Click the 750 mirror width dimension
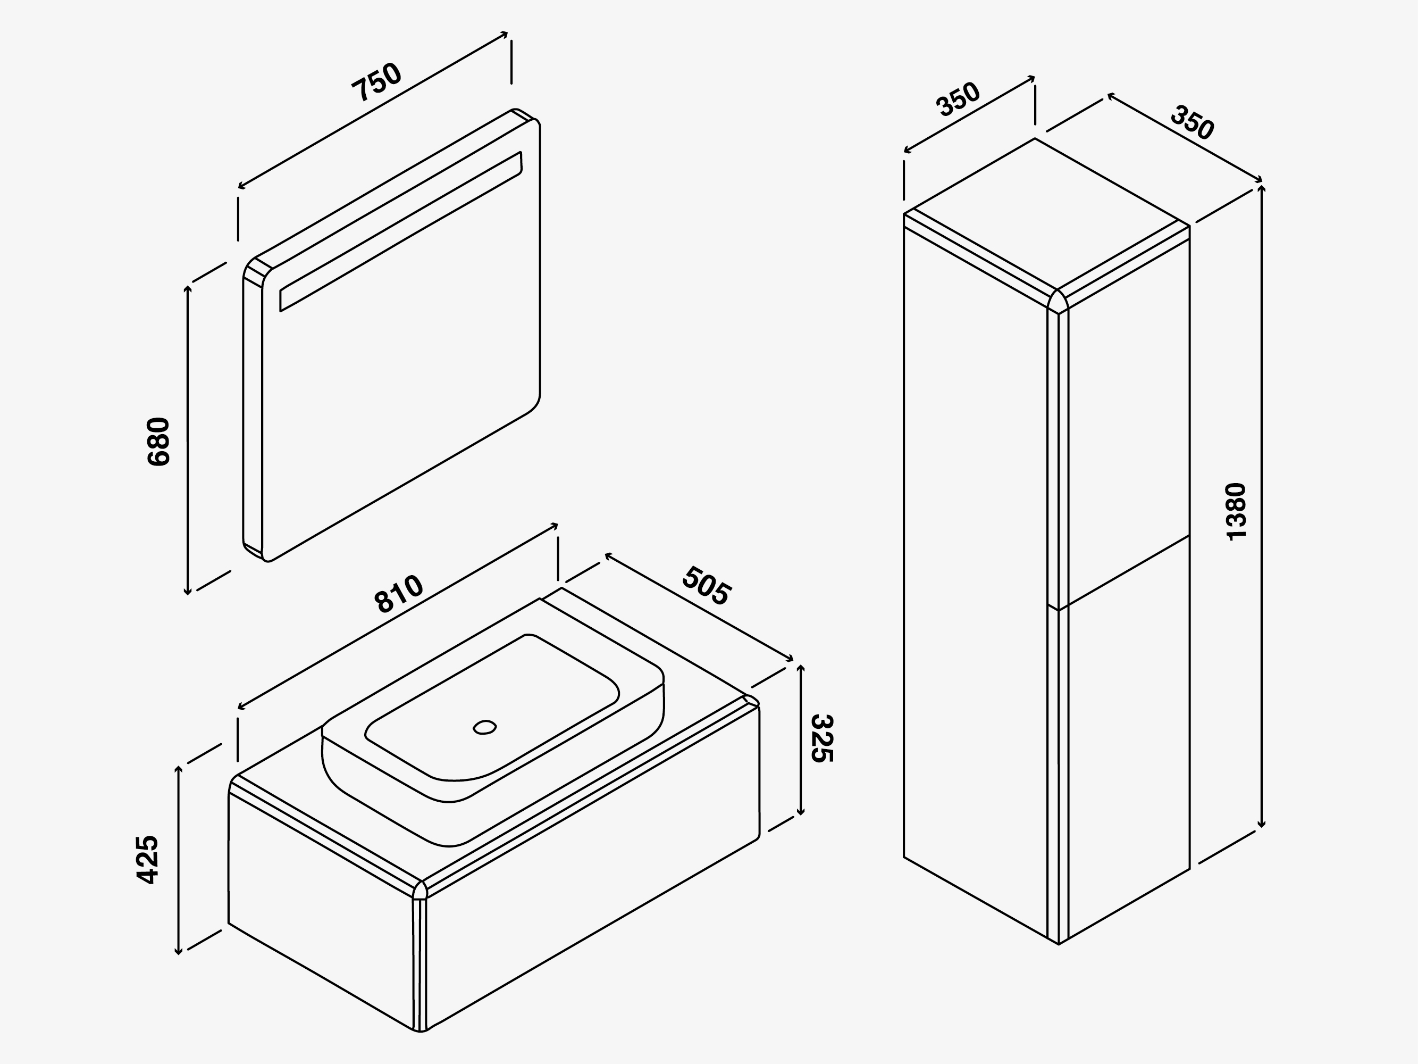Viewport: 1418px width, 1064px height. coord(377,82)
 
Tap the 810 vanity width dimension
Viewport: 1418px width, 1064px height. coord(398,594)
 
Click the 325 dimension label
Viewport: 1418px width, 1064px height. coord(821,739)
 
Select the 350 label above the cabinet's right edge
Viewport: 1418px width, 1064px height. coord(1192,122)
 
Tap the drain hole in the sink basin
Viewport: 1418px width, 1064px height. coord(485,727)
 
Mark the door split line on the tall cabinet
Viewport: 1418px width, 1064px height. coord(1119,572)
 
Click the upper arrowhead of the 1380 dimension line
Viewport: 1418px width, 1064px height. coord(1262,188)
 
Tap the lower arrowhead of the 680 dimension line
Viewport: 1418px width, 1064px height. coord(187,591)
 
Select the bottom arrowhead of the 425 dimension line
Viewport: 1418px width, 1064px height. coord(179,951)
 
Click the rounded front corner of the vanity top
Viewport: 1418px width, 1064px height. coord(420,890)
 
